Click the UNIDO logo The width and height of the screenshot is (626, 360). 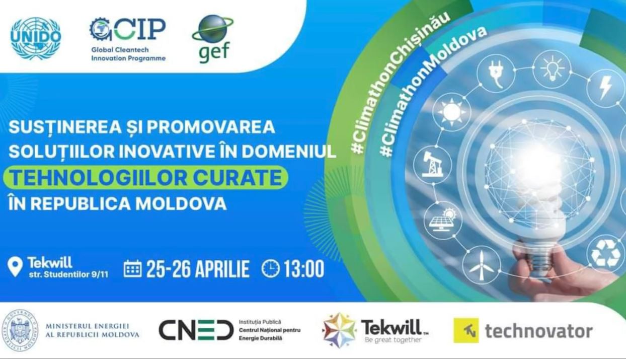tap(36, 38)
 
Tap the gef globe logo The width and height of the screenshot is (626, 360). tap(213, 38)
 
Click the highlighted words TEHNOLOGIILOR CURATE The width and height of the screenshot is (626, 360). tap(145, 178)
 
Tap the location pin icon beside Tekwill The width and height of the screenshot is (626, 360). tap(15, 267)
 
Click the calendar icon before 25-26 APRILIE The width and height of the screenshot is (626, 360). tap(132, 268)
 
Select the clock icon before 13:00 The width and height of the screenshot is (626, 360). tap(271, 268)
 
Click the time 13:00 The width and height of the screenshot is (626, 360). tap(304, 269)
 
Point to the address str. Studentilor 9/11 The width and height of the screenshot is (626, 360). tap(68, 274)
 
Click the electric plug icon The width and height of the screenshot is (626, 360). tap(496, 74)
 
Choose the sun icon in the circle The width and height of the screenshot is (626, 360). tap(451, 112)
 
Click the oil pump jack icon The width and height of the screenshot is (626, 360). tap(432, 165)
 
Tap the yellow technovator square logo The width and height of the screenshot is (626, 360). tap(466, 330)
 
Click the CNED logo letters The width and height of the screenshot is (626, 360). tap(196, 330)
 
